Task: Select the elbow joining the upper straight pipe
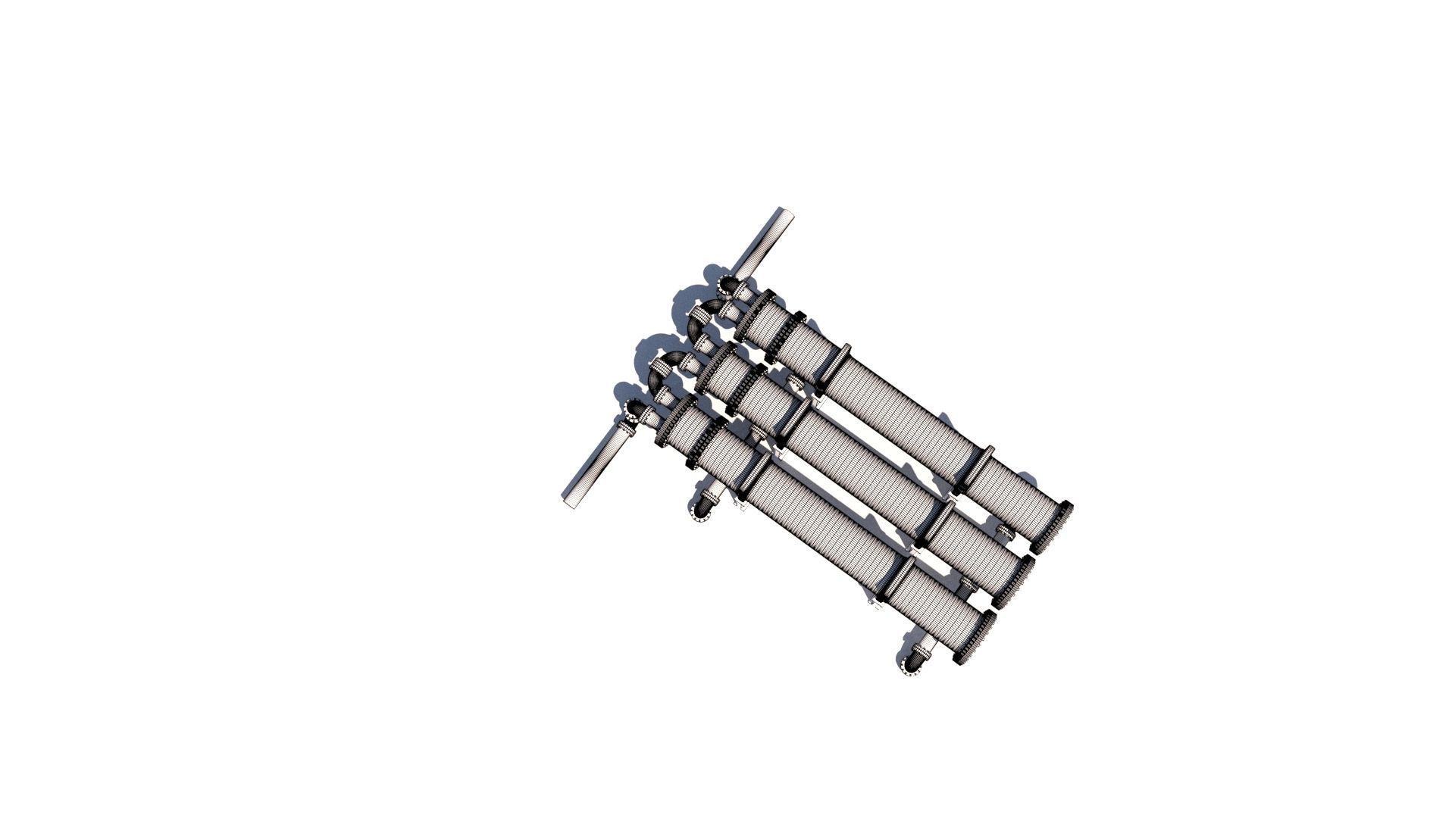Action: pyautogui.click(x=729, y=286)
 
